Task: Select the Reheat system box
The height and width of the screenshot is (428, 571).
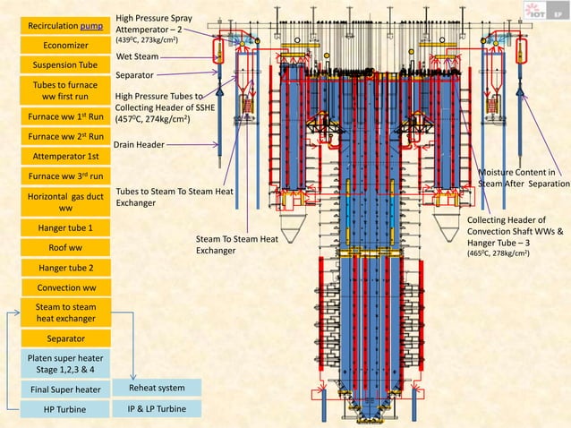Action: [158, 389]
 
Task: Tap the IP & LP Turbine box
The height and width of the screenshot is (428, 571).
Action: [158, 409]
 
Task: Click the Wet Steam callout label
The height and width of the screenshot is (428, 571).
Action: [137, 56]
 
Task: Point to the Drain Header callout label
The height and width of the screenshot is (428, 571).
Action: [138, 143]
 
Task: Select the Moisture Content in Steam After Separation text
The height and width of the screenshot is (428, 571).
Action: [524, 177]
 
